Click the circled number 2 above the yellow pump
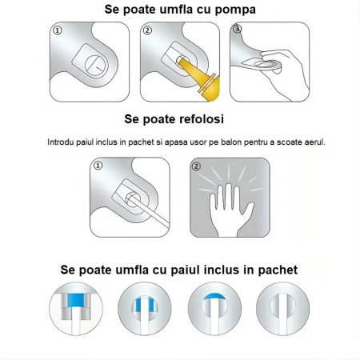pyautogui.click(x=147, y=30)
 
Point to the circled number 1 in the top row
pyautogui.click(x=57, y=30)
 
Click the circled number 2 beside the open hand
pyautogui.click(x=196, y=167)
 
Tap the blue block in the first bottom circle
pyautogui.click(x=78, y=299)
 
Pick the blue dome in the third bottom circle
pyautogui.click(x=213, y=300)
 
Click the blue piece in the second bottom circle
pyautogui.click(x=146, y=305)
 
